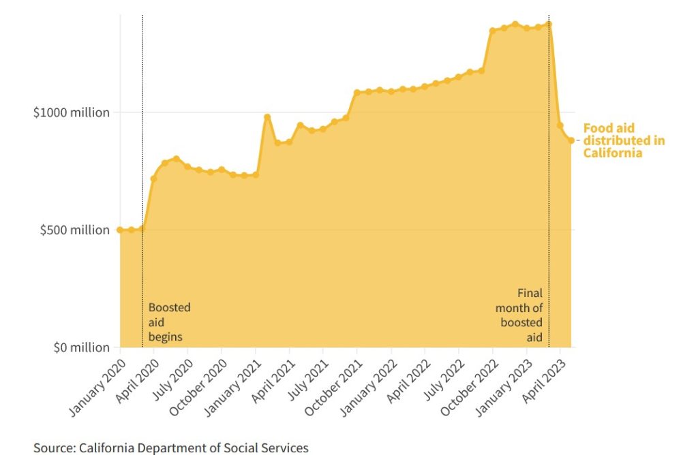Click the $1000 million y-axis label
point(72,112)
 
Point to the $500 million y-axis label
point(74,230)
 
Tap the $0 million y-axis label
point(80,348)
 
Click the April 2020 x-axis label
point(138,380)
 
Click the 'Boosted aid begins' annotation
point(169,322)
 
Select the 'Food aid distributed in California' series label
point(624,140)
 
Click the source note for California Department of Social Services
point(170,448)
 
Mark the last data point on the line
point(571,140)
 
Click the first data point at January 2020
point(120,230)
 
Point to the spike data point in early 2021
point(267,117)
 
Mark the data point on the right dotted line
point(549,24)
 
